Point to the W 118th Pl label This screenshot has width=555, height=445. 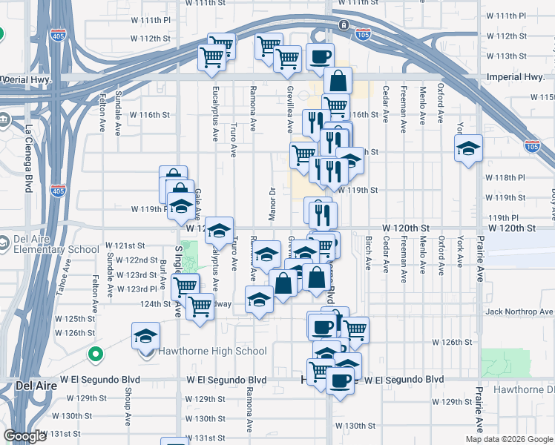[x=505, y=178]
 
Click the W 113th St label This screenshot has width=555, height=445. [x=506, y=56]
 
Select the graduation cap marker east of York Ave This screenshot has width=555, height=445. [x=468, y=149]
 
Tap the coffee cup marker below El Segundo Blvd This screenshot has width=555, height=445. [x=341, y=381]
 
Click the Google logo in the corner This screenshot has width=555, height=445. [x=24, y=436]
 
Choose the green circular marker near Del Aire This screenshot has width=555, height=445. [x=94, y=355]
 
